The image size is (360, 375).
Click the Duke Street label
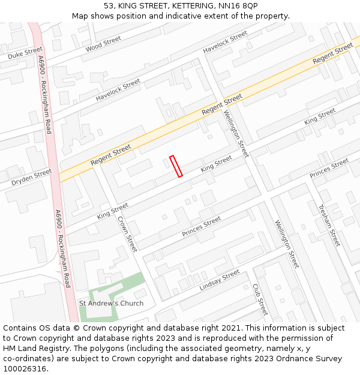pos(25,53)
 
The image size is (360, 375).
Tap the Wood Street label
pos(103,43)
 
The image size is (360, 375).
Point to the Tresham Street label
pos(329,224)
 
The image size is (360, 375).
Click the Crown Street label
pos(128,234)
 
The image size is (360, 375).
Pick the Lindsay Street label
pos(220,280)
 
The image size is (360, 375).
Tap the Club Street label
pos(260,299)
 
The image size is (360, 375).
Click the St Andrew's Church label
pos(112,303)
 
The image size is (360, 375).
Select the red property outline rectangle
pos(176,166)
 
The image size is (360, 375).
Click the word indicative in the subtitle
pos(199,16)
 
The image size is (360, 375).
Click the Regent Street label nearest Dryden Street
pos(111,155)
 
